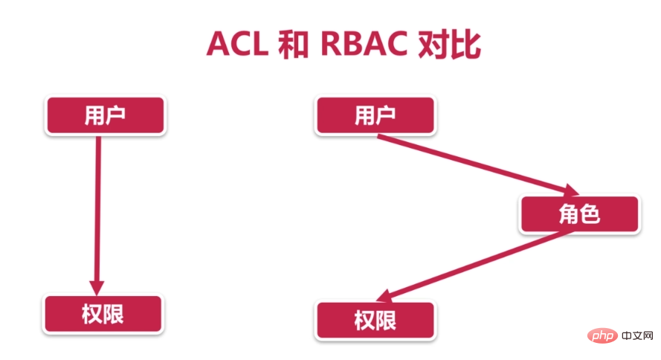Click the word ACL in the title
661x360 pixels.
[237, 44]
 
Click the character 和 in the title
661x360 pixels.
[294, 44]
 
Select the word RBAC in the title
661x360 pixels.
[364, 44]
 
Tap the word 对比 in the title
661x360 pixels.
[449, 44]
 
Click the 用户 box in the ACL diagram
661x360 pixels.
[106, 115]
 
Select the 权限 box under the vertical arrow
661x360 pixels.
[103, 314]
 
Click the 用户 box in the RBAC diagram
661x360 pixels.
[375, 115]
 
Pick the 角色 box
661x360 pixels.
[580, 213]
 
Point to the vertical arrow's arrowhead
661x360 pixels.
[97, 288]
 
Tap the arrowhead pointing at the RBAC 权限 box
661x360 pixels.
[384, 296]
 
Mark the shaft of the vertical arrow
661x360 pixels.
[98, 208]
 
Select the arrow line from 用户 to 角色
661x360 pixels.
[472, 162]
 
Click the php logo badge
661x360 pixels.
[602, 336]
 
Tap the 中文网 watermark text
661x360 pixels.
[637, 336]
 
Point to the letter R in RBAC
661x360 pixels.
[332, 44]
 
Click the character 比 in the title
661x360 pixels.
[465, 44]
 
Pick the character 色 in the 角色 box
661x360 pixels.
[590, 213]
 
